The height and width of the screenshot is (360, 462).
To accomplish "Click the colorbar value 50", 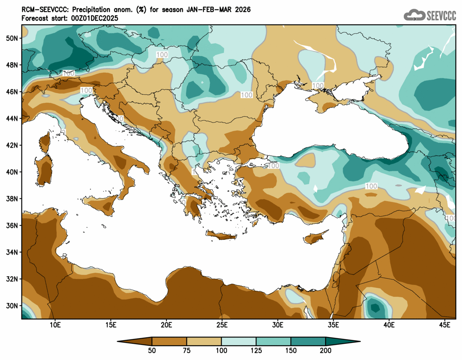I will click(152, 351).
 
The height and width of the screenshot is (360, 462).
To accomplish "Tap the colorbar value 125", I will click(256, 351).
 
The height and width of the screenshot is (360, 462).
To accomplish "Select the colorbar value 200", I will click(326, 351).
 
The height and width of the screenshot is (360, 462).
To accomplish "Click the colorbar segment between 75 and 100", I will click(204, 341).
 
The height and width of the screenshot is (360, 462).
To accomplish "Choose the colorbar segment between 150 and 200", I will click(308, 341).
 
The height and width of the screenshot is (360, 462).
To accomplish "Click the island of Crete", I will click(220, 236).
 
